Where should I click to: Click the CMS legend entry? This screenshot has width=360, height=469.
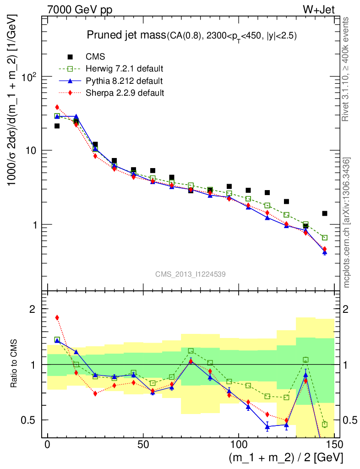coord(95,57)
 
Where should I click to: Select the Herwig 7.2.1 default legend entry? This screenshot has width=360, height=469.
coord(124,69)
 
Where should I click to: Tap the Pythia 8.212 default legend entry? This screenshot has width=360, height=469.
coord(124,81)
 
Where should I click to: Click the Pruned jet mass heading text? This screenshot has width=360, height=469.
coord(192,36)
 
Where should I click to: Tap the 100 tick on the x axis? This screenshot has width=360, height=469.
coord(239,445)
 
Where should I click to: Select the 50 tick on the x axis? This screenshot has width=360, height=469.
coord(143,445)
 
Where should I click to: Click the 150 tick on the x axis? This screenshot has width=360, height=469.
coord(334,445)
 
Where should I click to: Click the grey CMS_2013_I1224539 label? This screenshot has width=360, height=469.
coord(190,274)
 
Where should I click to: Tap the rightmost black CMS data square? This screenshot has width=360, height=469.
coord(325,213)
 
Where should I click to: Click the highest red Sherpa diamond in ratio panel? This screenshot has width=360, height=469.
coord(57,317)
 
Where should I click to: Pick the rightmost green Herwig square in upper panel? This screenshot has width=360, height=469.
coord(325,238)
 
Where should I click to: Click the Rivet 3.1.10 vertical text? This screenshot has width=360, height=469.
coord(346,69)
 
